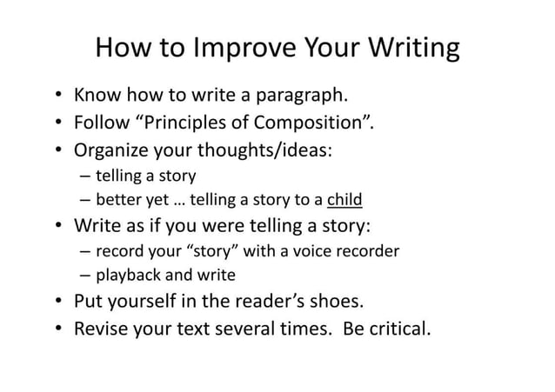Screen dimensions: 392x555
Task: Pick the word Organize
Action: tap(110, 149)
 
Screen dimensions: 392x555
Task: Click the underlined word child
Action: tap(344, 200)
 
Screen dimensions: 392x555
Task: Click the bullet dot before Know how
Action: tap(57, 95)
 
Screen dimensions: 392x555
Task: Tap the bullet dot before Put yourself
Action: tap(57, 302)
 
